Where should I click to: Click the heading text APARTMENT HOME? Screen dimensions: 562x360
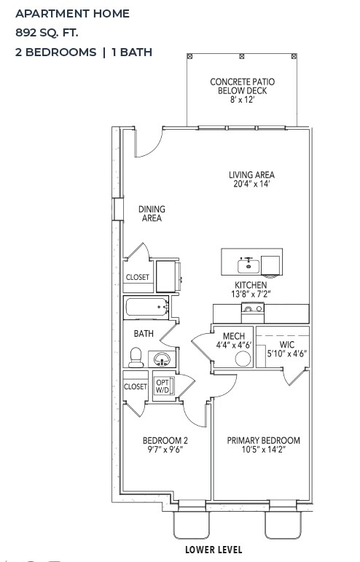point(72,13)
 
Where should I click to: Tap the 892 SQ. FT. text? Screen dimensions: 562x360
point(47,32)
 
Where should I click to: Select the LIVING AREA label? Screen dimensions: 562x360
point(251,179)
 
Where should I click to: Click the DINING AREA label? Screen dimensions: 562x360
point(152,214)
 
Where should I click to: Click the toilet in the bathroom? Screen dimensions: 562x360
point(136,357)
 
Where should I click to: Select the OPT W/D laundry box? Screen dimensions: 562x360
point(162,386)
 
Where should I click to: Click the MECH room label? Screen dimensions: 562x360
point(233,340)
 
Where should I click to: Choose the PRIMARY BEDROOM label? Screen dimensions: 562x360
point(263,445)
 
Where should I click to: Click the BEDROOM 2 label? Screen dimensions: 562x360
point(165,445)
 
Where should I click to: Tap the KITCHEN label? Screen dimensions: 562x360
point(250,289)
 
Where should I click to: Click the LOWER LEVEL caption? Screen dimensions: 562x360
point(214,550)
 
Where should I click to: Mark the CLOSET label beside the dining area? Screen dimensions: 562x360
point(138,278)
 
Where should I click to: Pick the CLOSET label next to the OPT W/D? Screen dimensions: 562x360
point(135,386)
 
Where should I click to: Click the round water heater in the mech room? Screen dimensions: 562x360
point(243,358)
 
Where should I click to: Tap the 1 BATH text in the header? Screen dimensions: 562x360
point(132,52)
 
